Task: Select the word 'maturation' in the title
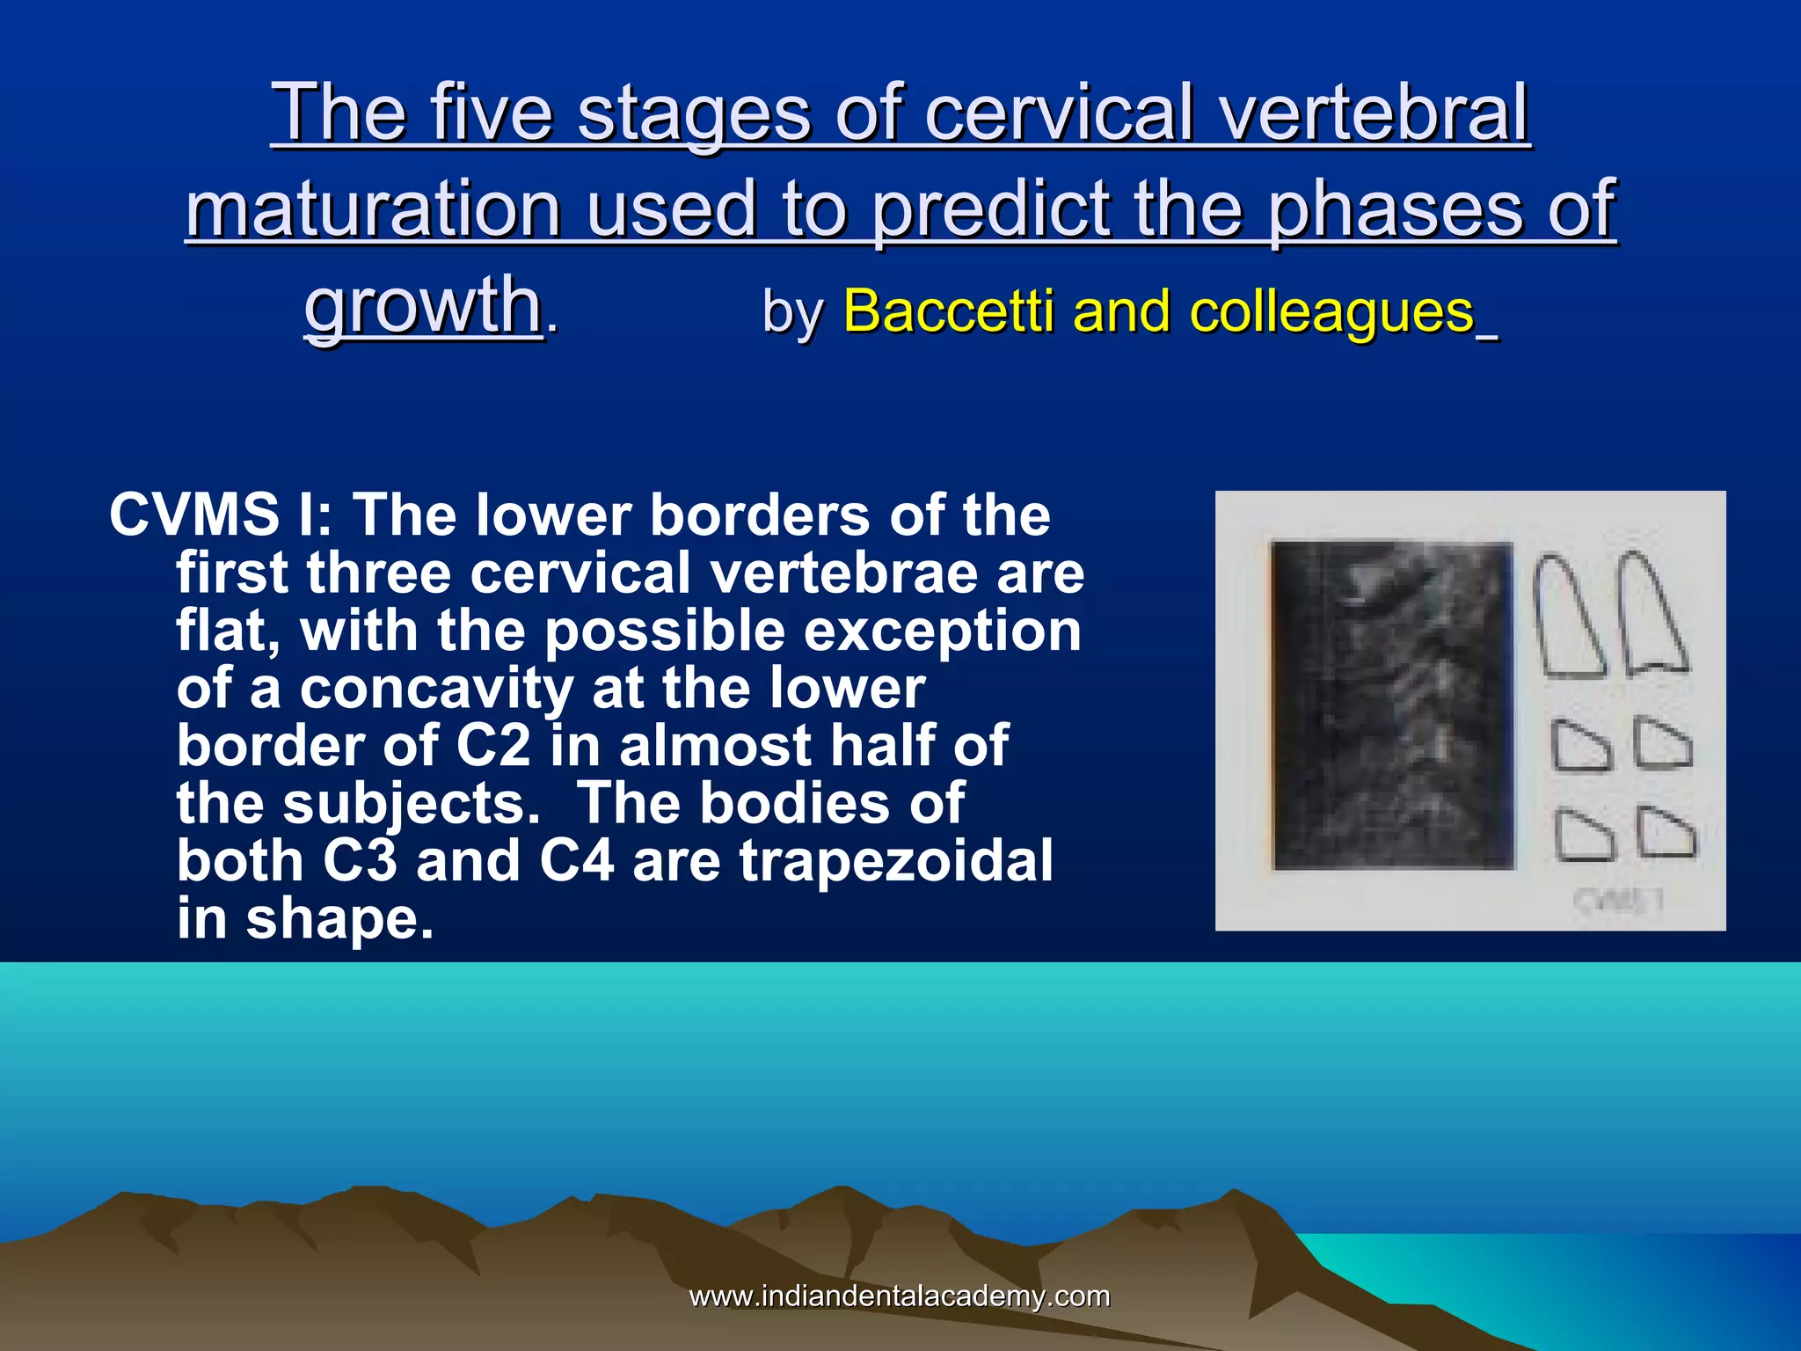(373, 209)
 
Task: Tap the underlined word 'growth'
(422, 305)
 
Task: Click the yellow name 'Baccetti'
(948, 311)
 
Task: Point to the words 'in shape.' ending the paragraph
(305, 918)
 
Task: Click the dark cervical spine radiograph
(1393, 705)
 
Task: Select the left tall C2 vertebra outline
(1567, 617)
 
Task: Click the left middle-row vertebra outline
(1580, 747)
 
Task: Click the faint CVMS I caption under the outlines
(1619, 901)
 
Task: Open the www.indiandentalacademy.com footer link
(899, 1296)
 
